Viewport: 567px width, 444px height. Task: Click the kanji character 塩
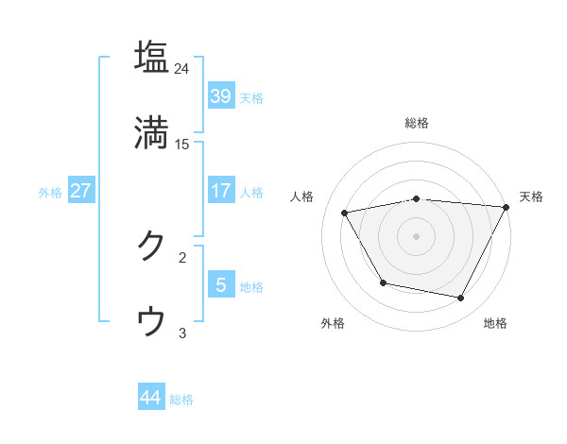click(152, 58)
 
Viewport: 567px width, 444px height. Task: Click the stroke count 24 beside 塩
click(182, 69)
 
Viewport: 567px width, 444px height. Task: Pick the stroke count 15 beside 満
click(182, 144)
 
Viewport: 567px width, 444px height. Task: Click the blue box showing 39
click(221, 96)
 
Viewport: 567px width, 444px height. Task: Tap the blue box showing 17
click(221, 191)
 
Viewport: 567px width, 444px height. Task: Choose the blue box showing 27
click(81, 191)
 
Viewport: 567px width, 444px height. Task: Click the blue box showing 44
click(151, 398)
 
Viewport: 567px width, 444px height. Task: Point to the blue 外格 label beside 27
click(50, 192)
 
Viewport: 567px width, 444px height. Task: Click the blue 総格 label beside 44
click(181, 399)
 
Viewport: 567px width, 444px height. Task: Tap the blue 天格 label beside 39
click(251, 97)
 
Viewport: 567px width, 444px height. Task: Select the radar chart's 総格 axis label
click(417, 123)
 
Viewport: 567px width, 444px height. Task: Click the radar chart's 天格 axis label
click(531, 196)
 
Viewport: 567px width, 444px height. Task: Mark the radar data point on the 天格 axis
click(507, 207)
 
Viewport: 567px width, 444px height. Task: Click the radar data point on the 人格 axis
click(346, 213)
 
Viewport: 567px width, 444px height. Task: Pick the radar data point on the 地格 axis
click(461, 299)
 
